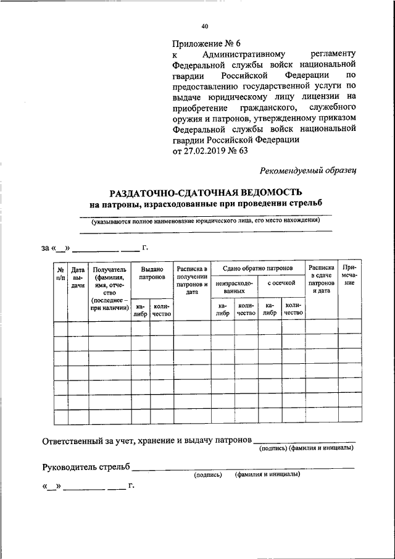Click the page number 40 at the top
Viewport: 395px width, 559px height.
tap(205, 27)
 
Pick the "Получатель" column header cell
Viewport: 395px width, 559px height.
tap(109, 288)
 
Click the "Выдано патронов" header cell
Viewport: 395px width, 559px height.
tap(152, 274)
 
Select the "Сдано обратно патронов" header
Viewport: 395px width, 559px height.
tap(258, 268)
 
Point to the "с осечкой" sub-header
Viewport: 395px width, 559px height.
tap(281, 282)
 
